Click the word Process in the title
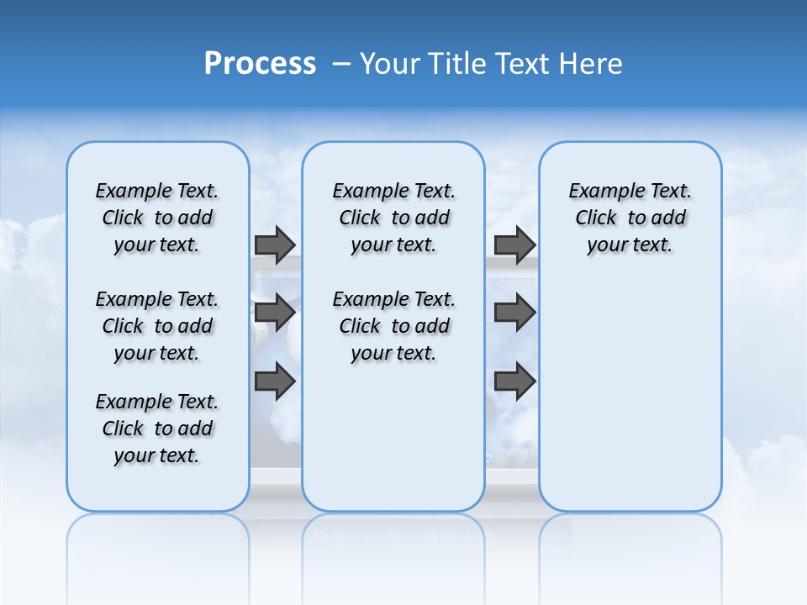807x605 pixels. [260, 64]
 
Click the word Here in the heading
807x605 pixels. [592, 64]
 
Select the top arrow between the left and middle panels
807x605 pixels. [275, 245]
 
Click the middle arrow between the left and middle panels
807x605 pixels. [275, 313]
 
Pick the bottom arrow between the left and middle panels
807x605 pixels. [275, 381]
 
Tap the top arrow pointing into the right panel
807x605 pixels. [514, 245]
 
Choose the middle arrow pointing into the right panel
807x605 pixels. [514, 313]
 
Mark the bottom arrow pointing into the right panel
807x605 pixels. [514, 381]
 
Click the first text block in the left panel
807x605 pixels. [157, 218]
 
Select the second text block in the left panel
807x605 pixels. [157, 326]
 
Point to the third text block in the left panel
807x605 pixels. [157, 429]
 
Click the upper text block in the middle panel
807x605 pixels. [393, 218]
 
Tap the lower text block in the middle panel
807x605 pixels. [393, 326]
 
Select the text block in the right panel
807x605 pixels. [630, 218]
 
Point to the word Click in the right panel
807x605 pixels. [596, 218]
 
